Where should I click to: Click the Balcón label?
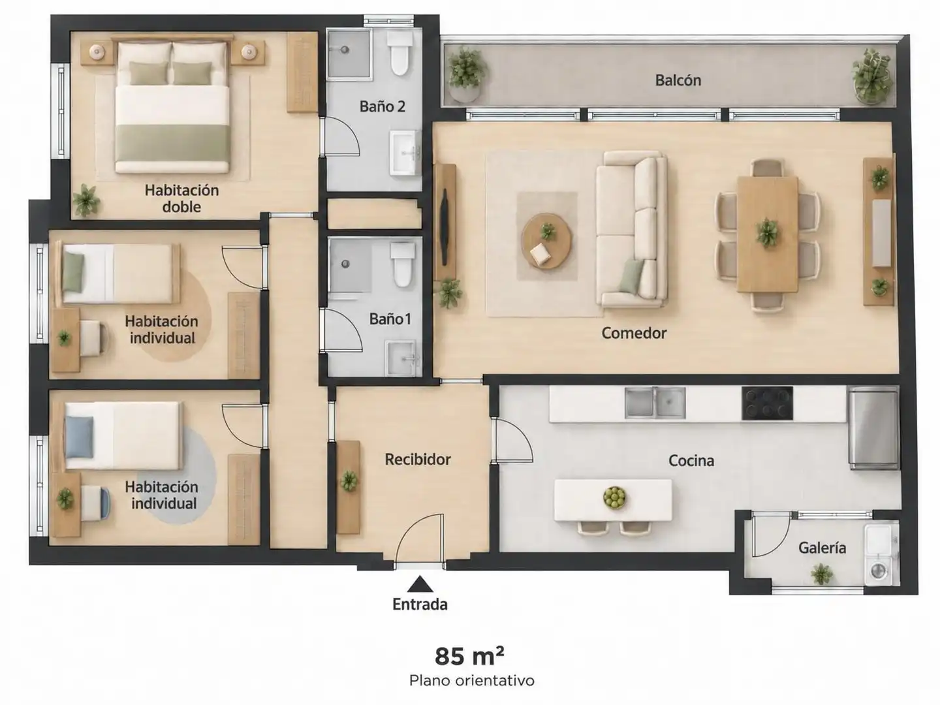pyautogui.click(x=678, y=80)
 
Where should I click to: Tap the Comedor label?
pyautogui.click(x=634, y=333)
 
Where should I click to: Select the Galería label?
pyautogui.click(x=822, y=548)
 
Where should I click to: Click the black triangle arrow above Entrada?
pyautogui.click(x=420, y=584)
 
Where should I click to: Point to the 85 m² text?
pyautogui.click(x=469, y=656)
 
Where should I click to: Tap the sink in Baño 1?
pyautogui.click(x=403, y=358)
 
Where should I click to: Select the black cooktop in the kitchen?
pyautogui.click(x=767, y=403)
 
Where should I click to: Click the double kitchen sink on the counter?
pyautogui.click(x=655, y=402)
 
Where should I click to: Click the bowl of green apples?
pyautogui.click(x=614, y=497)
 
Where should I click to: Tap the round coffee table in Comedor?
pyautogui.click(x=546, y=241)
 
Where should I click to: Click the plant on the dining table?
pyautogui.click(x=766, y=233)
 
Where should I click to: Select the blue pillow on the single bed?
pyautogui.click(x=79, y=437)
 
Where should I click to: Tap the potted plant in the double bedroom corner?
pyautogui.click(x=86, y=200)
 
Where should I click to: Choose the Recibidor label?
pyautogui.click(x=418, y=460)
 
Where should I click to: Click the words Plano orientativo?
pyautogui.click(x=471, y=681)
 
